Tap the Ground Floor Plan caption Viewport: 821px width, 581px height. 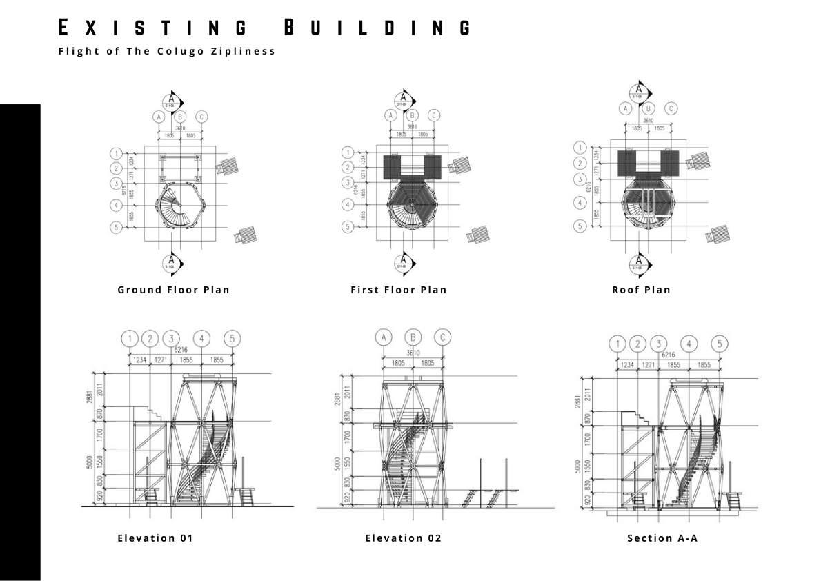[173, 290]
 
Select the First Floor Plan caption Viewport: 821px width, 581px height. [399, 290]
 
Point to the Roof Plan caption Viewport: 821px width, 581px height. [641, 290]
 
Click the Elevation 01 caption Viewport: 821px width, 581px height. [155, 538]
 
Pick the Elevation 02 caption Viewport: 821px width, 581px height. [403, 538]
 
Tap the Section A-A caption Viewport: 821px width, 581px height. [662, 538]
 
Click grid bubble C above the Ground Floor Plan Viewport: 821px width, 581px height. [201, 117]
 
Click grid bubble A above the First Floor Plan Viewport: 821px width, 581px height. [390, 115]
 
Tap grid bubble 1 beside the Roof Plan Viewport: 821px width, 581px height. [581, 148]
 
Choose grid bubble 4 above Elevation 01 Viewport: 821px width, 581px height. [201, 339]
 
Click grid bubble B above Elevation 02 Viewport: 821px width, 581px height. [413, 337]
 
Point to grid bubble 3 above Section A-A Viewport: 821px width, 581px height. [659, 344]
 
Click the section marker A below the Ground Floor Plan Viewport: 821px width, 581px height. [170, 263]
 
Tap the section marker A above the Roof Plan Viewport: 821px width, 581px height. [640, 90]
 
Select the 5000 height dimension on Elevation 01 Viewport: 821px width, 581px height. [98, 466]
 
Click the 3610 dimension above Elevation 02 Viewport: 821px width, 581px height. [413, 353]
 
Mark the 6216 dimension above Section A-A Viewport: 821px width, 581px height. [668, 355]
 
